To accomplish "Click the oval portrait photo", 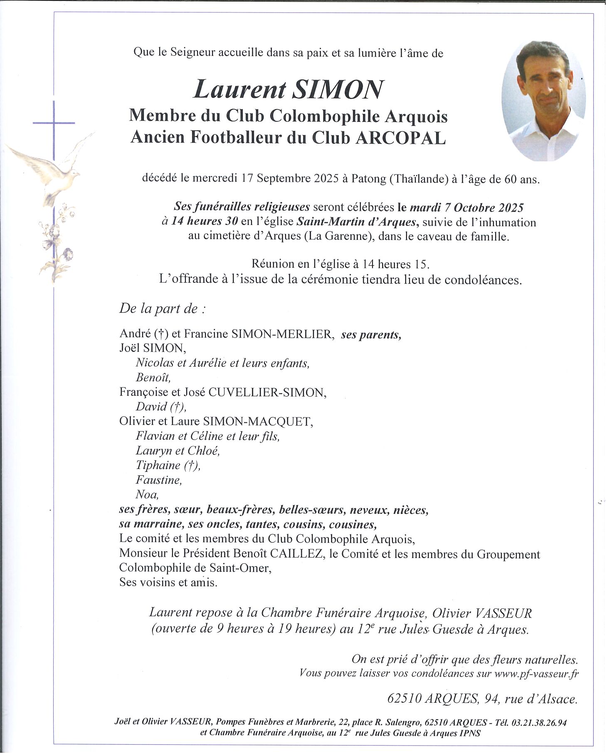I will point(543,101).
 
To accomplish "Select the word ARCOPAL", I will point(400,138).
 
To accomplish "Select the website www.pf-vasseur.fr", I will point(536,674).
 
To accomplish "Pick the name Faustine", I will point(158,480).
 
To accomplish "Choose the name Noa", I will point(147,495).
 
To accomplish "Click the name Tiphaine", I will point(158,466).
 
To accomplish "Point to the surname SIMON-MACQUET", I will point(257,422).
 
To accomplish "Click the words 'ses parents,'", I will point(371,335).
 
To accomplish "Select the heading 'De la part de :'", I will point(163,309).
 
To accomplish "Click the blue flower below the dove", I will point(68,253).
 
